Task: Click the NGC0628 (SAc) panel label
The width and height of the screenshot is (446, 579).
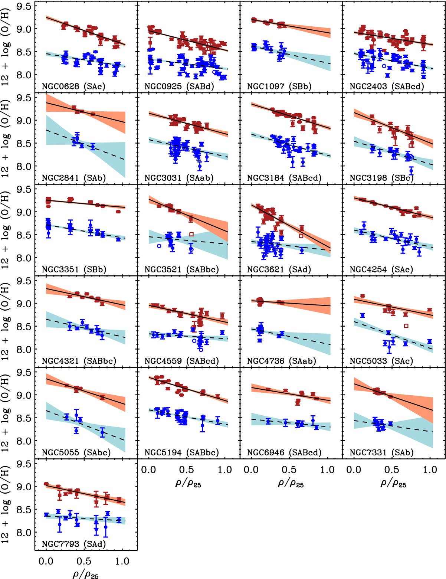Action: coord(73,87)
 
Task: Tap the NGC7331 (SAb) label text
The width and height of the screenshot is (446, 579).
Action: coord(382,452)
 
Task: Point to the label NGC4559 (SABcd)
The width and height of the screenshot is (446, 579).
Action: coord(182,361)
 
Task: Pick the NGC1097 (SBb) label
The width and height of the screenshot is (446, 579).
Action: coord(279,87)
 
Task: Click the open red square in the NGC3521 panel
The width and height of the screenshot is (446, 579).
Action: coord(191,234)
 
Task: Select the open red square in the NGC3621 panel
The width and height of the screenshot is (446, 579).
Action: coord(301,236)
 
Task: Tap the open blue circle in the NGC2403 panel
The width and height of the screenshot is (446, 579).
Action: coord(384,66)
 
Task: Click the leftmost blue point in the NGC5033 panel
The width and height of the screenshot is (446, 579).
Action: coord(363,315)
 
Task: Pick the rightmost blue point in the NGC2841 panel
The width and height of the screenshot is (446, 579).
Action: coord(93,147)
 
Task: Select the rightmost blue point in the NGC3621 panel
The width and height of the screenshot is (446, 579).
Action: coord(302,250)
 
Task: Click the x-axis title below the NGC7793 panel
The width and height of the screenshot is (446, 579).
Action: coord(86,574)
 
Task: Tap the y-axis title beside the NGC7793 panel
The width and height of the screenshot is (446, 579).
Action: coord(7,504)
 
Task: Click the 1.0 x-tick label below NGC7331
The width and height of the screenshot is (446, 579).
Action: coord(430,470)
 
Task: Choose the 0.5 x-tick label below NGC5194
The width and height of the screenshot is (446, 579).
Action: coord(187,470)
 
